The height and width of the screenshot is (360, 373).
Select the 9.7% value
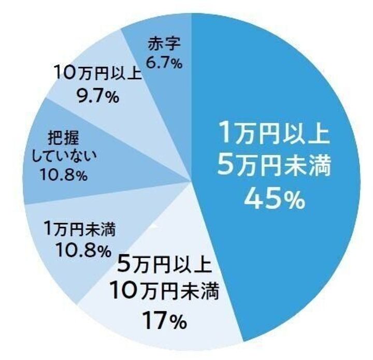pos(97,96)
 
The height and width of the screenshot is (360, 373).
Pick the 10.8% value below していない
pos(63,176)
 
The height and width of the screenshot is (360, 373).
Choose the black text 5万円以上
pos(165,267)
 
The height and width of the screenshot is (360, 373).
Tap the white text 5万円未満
pos(274,166)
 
